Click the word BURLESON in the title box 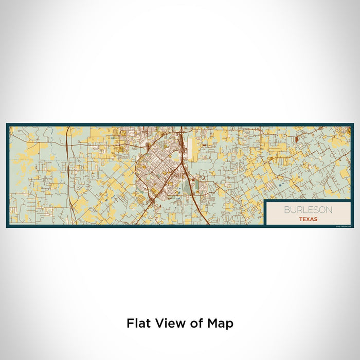[308, 210]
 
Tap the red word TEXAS [308, 219]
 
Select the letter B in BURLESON [285, 210]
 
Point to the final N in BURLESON [329, 210]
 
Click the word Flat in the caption [138, 323]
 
